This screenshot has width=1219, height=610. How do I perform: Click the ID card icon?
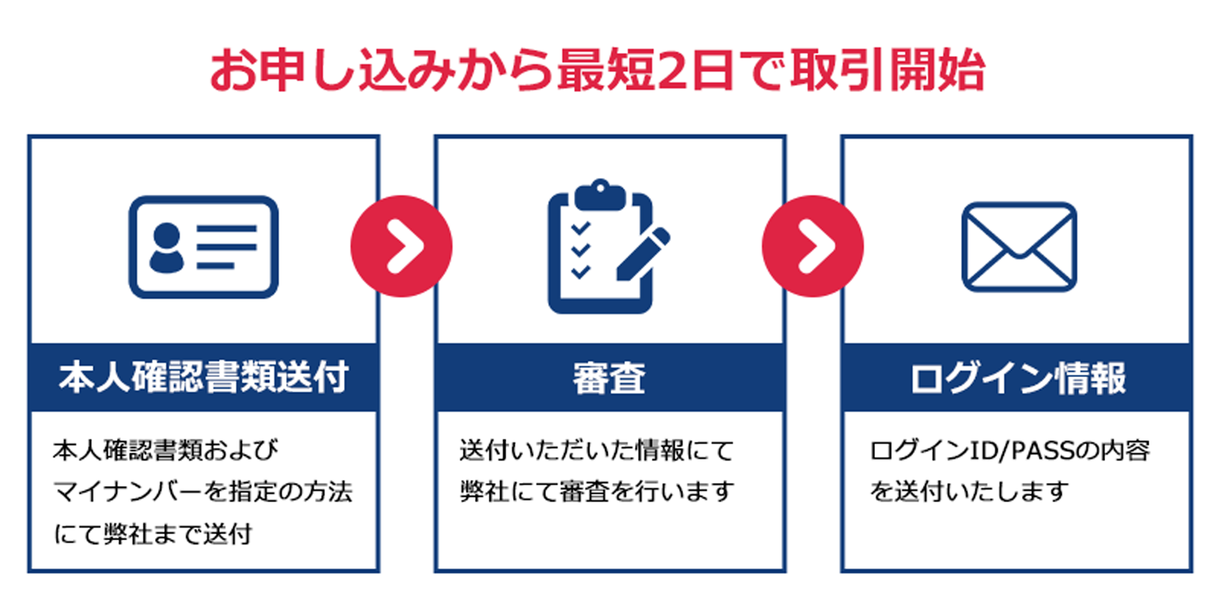[x=203, y=246]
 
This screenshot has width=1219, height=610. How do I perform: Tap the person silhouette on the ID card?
[x=166, y=248]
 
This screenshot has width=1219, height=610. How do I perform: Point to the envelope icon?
[x=1019, y=246]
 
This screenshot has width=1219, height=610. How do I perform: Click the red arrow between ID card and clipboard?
[x=401, y=246]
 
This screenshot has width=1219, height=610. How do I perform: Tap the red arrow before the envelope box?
[x=812, y=246]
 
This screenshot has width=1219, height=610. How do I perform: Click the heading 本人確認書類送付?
[x=203, y=377]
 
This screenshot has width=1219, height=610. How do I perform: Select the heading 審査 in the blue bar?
[x=609, y=377]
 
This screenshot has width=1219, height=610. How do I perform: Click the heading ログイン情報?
[x=1017, y=377]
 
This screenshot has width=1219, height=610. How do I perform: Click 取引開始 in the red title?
[x=888, y=70]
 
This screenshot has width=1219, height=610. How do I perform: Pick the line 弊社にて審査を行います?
[x=597, y=492]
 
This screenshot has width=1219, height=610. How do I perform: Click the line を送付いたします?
[x=969, y=492]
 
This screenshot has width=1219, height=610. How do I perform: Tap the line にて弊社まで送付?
[x=153, y=534]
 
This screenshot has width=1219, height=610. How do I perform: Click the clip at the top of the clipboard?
[x=600, y=194]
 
